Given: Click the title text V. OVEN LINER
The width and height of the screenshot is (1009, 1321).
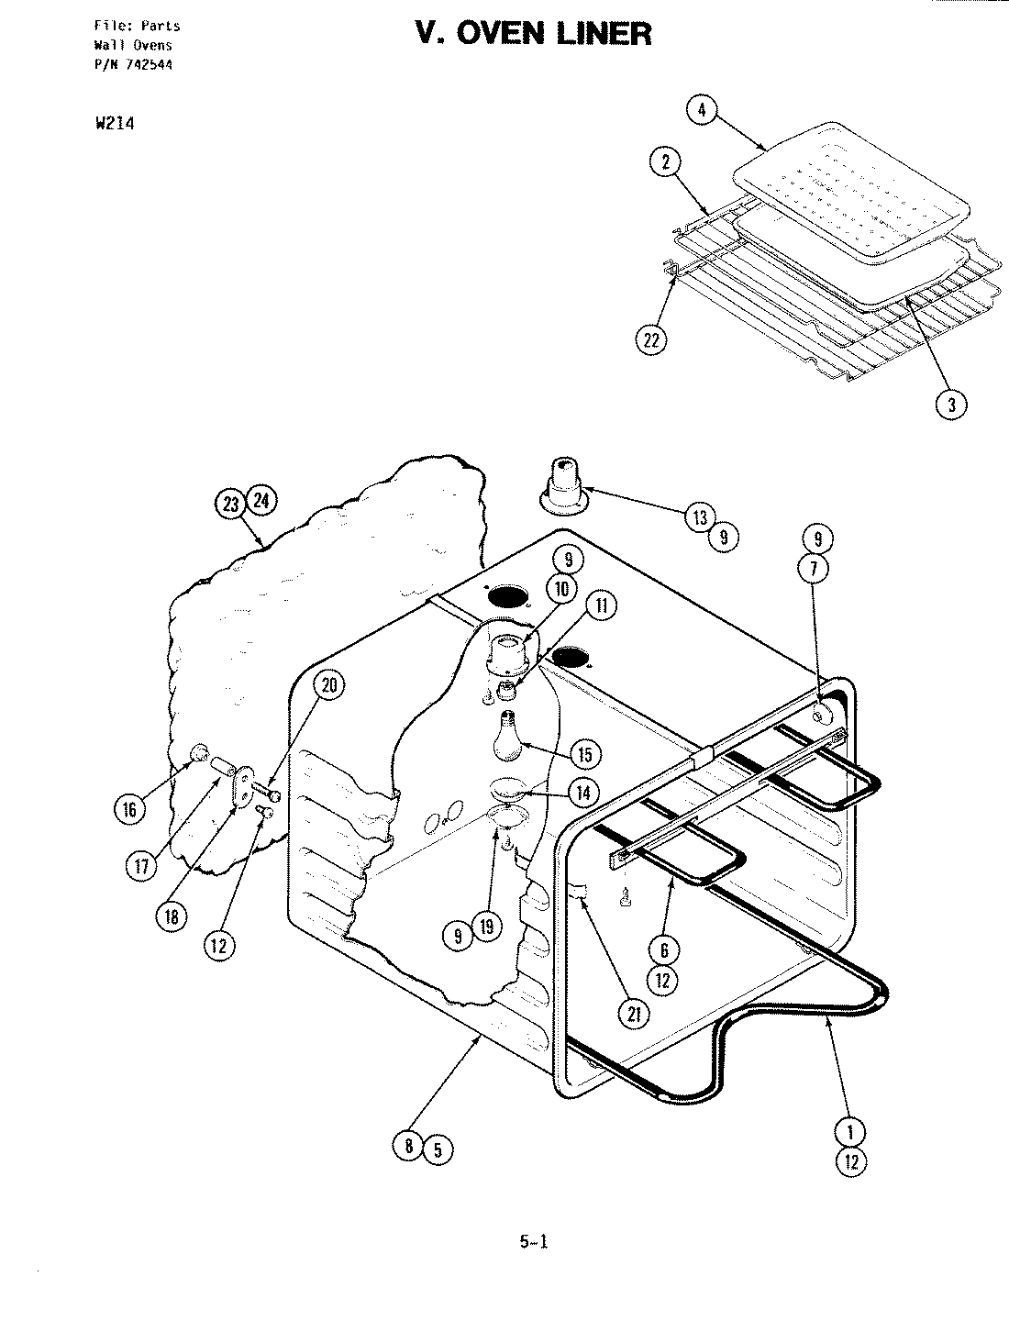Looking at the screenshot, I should coord(534,34).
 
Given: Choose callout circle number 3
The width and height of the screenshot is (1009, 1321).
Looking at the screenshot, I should coord(952,405).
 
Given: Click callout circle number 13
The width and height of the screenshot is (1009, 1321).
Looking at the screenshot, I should coord(700,517).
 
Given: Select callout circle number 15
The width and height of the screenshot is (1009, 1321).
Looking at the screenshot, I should coord(584,754).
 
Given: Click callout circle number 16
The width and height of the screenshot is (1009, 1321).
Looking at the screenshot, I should coord(129,808).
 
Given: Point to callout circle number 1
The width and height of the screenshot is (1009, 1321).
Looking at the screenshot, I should coord(850,1131).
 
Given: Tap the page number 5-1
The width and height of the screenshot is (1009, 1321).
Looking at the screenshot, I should coord(532,1243).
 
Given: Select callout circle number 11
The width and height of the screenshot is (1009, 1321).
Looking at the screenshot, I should coord(600,606).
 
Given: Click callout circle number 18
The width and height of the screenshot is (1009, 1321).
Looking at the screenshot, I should coord(172,916).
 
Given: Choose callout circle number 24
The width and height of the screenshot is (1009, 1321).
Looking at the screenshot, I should coord(262,503).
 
